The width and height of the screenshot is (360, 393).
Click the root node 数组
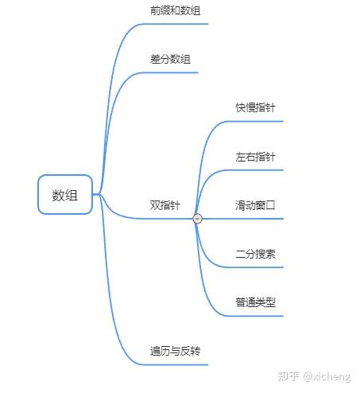[x=65, y=194]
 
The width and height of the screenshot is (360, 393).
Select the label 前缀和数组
[x=175, y=10]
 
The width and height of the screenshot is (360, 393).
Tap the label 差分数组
[x=170, y=59]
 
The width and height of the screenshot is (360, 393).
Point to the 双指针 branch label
[x=165, y=205]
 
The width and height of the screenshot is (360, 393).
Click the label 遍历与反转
[x=175, y=351]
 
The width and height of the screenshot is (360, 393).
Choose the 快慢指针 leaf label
[x=256, y=107]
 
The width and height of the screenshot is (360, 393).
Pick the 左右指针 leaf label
[x=256, y=157]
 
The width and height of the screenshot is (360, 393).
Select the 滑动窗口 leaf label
[x=256, y=205]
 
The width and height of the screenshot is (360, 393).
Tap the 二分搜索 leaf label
[x=256, y=254]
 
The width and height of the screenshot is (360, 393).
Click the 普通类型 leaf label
[x=256, y=302]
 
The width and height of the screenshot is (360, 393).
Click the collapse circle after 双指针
[x=197, y=219]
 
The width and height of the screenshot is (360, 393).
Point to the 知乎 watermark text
[x=288, y=376]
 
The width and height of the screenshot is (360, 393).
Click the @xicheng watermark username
[x=327, y=376]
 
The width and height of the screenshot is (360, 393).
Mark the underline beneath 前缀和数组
[x=174, y=24]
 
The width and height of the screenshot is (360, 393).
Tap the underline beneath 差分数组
[x=169, y=72]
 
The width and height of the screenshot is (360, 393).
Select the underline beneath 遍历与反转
[x=174, y=364]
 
